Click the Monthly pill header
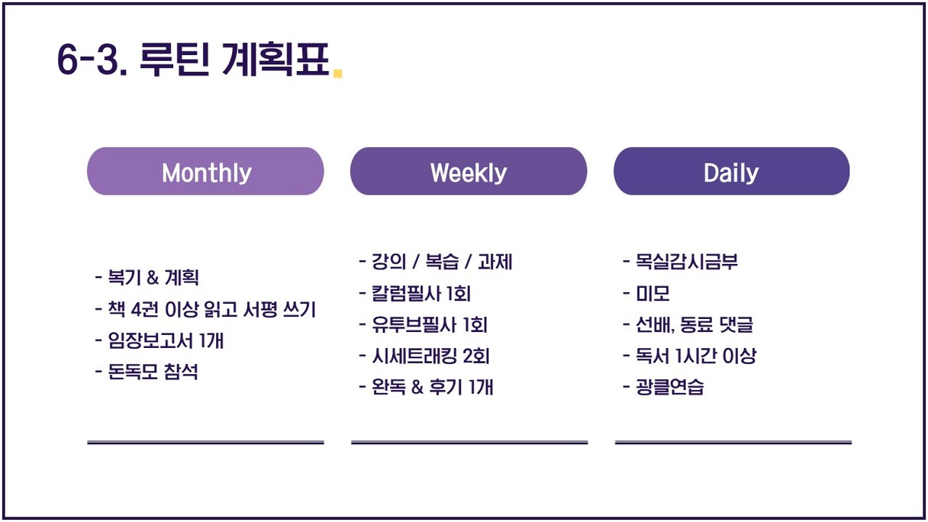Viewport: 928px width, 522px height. click(205, 171)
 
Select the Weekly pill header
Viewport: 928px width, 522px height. click(469, 171)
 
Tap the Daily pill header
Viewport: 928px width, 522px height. click(732, 171)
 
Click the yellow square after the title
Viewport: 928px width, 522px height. click(337, 73)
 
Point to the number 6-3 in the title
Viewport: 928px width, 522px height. click(92, 60)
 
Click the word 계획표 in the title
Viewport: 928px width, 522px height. click(275, 60)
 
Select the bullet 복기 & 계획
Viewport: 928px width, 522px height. click(147, 277)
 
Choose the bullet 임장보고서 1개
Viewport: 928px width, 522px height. click(159, 340)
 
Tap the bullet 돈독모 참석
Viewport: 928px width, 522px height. click(147, 372)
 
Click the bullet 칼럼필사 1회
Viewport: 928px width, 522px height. click(415, 293)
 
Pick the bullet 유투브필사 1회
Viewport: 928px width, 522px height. click(424, 324)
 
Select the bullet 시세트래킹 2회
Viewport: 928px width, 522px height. click(424, 356)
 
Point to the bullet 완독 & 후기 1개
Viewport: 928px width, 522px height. click(427, 387)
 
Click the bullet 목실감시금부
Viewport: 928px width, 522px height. click(681, 262)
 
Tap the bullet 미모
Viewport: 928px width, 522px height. click(646, 293)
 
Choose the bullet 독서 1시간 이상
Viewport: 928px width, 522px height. click(690, 356)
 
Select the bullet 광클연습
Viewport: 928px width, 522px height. click(664, 387)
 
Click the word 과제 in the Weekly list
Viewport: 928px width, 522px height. click(495, 262)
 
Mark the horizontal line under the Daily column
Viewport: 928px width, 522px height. click(733, 443)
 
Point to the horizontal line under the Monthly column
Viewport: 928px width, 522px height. click(205, 443)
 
